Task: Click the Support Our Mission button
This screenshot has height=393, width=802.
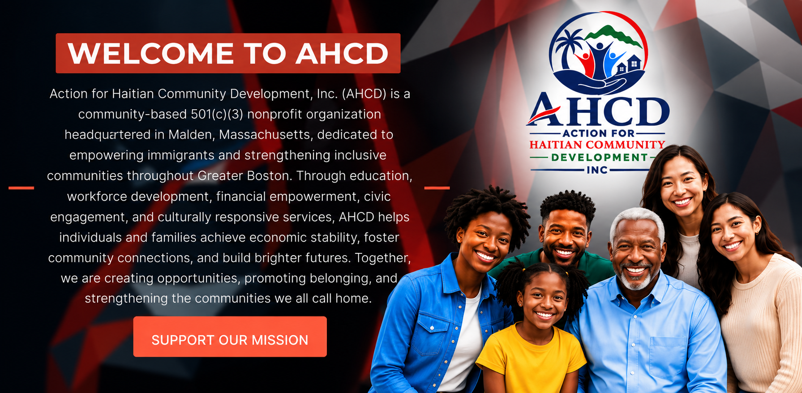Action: [230, 337]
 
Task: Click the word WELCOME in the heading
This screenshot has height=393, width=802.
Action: [151, 54]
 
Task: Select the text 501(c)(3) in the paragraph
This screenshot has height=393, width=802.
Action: [217, 115]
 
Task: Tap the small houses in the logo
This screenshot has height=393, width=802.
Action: [629, 64]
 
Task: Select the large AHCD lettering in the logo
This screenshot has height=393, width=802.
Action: [598, 110]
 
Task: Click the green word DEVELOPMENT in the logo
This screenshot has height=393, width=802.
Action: [599, 158]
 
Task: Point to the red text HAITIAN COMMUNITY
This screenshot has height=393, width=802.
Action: [597, 145]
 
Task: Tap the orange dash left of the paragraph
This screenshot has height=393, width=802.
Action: [21, 188]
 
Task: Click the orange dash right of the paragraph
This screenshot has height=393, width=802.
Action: [437, 188]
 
